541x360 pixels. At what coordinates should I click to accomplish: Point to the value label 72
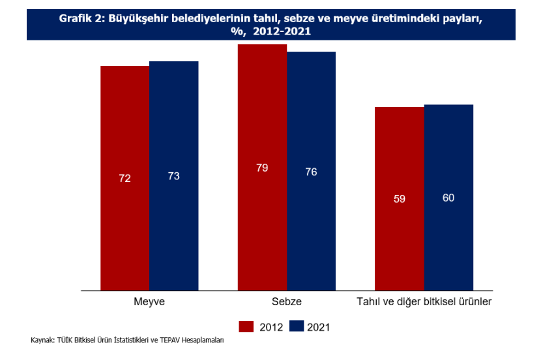click(x=124, y=177)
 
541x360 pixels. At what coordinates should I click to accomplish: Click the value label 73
click(x=174, y=176)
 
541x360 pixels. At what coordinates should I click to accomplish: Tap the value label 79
click(x=262, y=168)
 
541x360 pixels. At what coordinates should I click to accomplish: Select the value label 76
click(x=312, y=172)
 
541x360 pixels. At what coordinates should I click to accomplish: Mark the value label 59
click(x=400, y=199)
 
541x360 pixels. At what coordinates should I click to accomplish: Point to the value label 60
click(x=448, y=198)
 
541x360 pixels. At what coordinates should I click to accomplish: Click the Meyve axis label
click(x=149, y=303)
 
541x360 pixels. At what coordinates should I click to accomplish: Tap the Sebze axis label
click(x=287, y=303)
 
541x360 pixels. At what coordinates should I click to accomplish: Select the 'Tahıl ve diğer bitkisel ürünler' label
click(x=424, y=303)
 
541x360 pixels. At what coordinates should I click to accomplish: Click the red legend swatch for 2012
click(x=246, y=327)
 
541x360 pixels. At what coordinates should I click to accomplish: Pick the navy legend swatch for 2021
click(x=297, y=327)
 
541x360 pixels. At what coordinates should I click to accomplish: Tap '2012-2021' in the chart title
click(x=282, y=30)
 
